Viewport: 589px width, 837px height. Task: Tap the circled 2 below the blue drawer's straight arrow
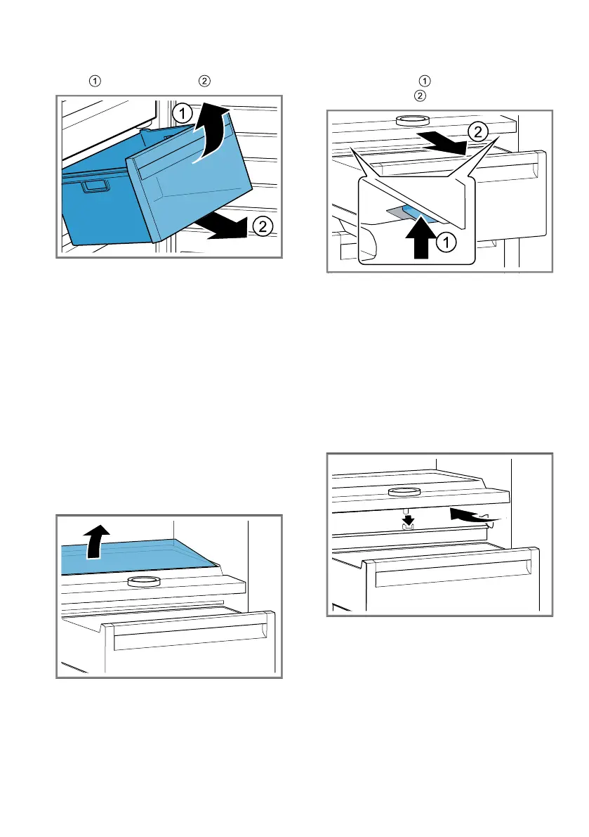260,226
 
